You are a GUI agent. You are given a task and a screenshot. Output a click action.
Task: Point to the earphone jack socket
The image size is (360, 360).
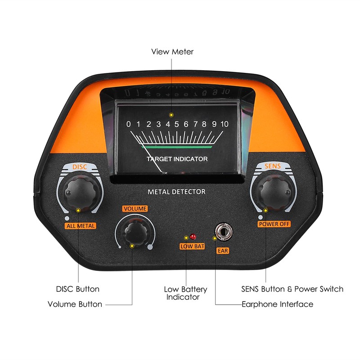222,232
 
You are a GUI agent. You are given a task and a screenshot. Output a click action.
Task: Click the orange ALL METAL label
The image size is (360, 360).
80,225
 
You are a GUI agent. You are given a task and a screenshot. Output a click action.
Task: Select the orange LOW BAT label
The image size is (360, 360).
192,246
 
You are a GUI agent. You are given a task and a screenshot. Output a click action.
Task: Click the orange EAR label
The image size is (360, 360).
223,251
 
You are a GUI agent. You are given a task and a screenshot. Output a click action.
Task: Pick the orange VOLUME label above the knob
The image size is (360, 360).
135,209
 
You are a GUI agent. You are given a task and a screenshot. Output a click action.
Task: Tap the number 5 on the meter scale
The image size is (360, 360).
176,124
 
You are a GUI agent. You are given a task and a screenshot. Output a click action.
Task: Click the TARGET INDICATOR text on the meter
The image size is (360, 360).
177,159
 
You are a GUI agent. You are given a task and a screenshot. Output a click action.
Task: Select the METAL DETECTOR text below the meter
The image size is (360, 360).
176,192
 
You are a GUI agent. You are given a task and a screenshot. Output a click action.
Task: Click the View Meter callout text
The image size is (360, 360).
172,52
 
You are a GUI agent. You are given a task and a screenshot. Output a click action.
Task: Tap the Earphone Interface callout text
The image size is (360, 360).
277,304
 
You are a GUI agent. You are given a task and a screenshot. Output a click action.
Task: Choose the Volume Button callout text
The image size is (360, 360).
75,304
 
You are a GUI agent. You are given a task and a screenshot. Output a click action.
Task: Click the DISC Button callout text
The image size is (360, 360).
77,289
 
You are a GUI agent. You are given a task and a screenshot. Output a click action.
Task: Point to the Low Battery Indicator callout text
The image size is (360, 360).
185,293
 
